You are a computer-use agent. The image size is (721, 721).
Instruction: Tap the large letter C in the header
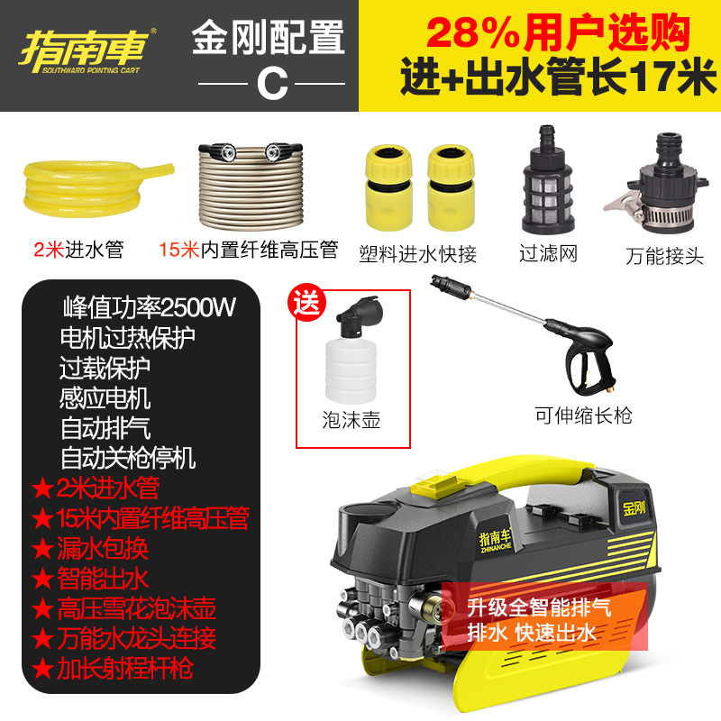click(x=269, y=83)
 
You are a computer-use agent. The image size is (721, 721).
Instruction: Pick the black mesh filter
click(x=548, y=190)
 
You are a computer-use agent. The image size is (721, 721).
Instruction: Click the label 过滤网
click(x=548, y=253)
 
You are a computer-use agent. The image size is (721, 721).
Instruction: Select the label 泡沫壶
click(x=351, y=421)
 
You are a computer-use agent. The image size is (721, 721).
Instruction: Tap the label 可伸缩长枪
click(x=583, y=415)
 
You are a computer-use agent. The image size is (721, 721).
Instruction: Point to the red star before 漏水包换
click(x=41, y=547)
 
